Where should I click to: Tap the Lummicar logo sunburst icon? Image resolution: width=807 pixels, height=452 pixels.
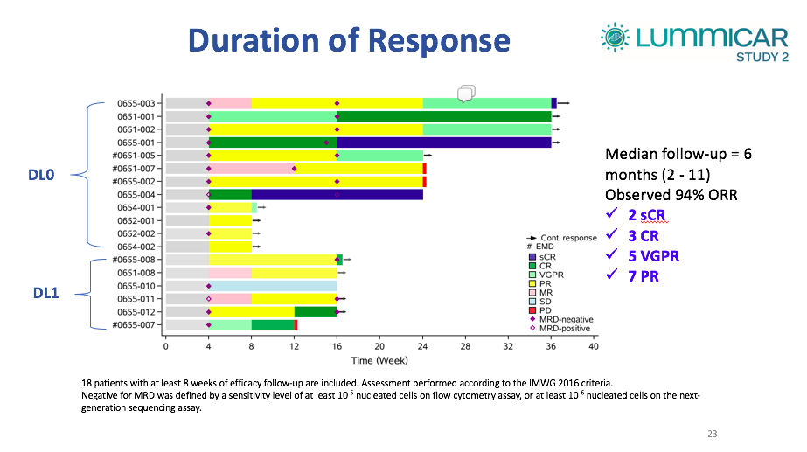pyautogui.click(x=615, y=37)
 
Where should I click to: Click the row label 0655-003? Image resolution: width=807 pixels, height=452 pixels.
pyautogui.click(x=138, y=103)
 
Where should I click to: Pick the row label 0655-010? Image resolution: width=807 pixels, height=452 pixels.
pyautogui.click(x=138, y=286)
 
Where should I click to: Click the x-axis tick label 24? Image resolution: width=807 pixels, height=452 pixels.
pyautogui.click(x=423, y=347)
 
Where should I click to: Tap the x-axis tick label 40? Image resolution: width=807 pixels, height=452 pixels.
pyautogui.click(x=594, y=347)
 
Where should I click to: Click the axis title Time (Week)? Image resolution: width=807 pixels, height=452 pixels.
pyautogui.click(x=379, y=360)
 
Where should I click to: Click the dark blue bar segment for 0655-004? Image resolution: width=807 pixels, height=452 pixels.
pyautogui.click(x=337, y=194)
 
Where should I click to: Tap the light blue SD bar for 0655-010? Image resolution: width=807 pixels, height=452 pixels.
pyautogui.click(x=273, y=286)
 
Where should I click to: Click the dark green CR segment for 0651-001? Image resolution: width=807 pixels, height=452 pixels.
pyautogui.click(x=443, y=116)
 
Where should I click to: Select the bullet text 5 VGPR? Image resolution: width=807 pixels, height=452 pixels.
pyautogui.click(x=650, y=257)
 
